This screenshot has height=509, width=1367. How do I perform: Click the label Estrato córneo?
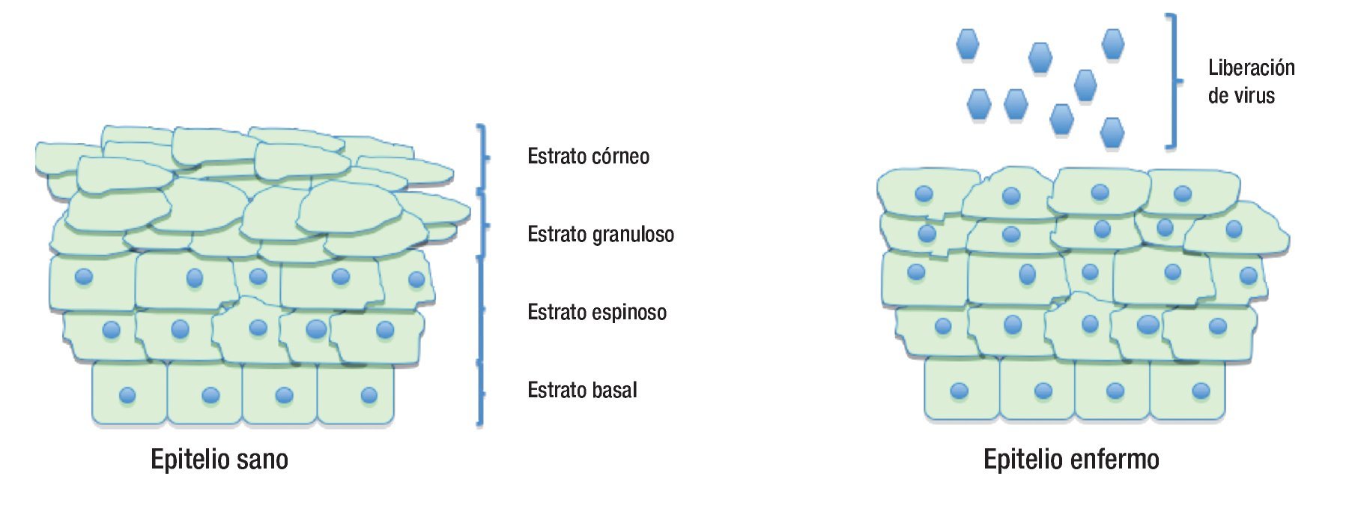pos(588,157)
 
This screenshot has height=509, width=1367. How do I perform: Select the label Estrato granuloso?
pos(600,235)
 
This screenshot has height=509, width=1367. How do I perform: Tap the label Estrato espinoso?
pos(596,313)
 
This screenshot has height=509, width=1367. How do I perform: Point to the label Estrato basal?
pos(582,391)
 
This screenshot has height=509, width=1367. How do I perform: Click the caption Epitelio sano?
pos(219,460)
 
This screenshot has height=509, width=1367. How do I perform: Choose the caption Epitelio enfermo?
pos(1071,460)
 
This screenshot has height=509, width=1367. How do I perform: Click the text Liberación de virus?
pos(1251,82)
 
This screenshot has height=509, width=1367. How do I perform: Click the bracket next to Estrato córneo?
pos(483,157)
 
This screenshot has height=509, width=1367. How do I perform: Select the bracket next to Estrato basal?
pos(480,394)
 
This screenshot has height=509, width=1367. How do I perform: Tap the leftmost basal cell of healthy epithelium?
pos(129,394)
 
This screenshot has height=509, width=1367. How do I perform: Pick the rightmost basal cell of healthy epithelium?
pos(356,394)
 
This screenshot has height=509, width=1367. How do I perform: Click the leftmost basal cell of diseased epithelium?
pos(962,388)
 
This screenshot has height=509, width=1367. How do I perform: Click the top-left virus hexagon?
pos(968,44)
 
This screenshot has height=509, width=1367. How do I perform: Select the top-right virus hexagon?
pos(1113,43)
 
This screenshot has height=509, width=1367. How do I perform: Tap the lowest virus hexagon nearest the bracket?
pos(1112,133)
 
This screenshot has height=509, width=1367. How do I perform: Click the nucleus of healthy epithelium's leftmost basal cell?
pos(128,395)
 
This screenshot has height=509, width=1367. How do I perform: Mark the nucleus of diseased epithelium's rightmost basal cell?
pos(1201,391)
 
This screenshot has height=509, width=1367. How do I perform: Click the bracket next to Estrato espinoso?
pos(481,309)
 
